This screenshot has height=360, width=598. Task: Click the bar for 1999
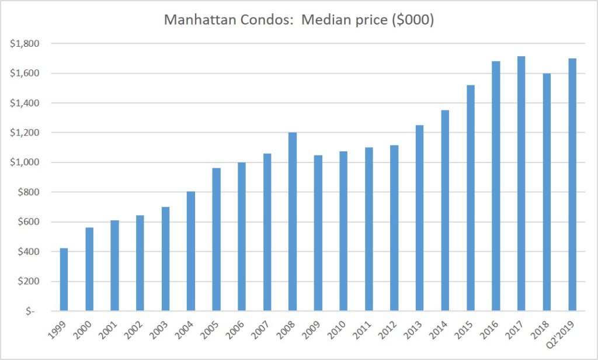64,279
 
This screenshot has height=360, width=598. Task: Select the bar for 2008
293,221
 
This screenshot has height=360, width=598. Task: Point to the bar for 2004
191,251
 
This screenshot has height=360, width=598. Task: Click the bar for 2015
471,198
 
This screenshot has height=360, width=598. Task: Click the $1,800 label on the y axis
24,44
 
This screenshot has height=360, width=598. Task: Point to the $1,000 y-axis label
24,162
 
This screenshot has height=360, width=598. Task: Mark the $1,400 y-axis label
24,103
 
